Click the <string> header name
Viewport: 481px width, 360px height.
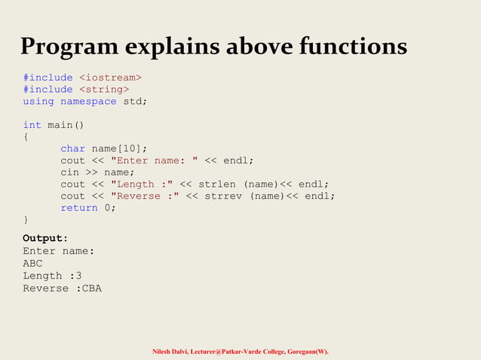(104, 89)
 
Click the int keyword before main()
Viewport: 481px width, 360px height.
(32, 125)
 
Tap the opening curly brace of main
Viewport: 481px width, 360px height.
(26, 137)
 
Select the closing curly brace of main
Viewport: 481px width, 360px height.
(26, 219)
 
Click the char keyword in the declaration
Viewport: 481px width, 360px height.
(73, 148)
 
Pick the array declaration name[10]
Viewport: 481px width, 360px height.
(120, 148)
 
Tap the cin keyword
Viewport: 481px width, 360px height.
(70, 172)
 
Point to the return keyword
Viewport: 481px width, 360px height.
(79, 207)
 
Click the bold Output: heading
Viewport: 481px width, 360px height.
(45, 239)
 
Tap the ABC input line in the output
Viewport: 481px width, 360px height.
(32, 264)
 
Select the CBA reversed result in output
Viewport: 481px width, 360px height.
(92, 288)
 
